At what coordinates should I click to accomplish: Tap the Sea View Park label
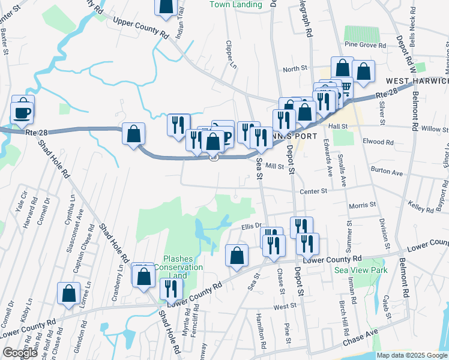361,270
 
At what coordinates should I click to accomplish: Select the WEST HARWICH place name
417,80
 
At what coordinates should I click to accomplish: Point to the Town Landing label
236,5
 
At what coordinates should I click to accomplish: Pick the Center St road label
314,191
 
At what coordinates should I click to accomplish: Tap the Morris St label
362,205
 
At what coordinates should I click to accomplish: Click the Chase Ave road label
360,338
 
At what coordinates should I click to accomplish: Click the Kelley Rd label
421,207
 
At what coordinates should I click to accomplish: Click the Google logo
20,353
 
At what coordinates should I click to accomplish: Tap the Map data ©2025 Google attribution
411,355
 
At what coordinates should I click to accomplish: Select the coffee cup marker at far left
23,112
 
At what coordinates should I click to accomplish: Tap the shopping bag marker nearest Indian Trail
166,6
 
